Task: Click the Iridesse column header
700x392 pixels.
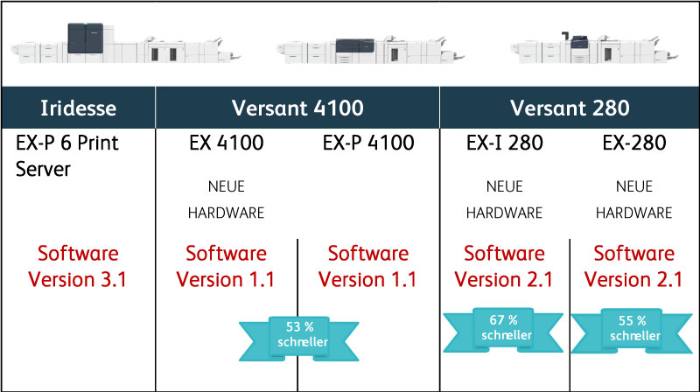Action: (78, 108)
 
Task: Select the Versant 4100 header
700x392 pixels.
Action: (297, 108)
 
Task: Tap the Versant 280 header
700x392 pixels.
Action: (570, 108)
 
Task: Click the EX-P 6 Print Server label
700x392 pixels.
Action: (67, 156)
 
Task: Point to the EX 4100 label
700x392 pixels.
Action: (227, 143)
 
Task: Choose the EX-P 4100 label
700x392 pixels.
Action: (368, 143)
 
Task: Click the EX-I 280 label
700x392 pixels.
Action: (505, 143)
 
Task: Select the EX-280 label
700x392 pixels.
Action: (633, 143)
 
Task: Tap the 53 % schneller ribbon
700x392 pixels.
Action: (299, 338)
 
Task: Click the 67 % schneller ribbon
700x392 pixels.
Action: (503, 330)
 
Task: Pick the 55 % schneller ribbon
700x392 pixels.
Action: (632, 331)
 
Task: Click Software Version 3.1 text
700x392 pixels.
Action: (78, 267)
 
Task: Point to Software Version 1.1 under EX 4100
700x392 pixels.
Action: (226, 267)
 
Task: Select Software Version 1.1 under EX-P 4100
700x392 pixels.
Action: (367, 267)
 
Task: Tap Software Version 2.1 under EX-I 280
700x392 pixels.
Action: (504, 267)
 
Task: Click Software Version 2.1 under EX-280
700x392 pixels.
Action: (633, 267)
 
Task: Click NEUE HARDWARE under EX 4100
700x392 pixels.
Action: (227, 199)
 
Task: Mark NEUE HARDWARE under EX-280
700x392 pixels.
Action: (633, 199)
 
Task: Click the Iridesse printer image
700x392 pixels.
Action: (126, 43)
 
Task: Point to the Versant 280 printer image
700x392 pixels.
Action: (595, 47)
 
